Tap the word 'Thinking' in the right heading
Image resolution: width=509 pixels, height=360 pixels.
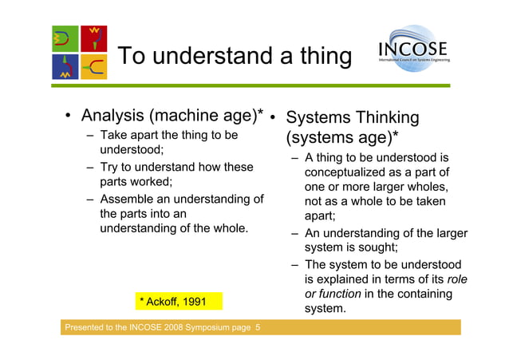(377, 118)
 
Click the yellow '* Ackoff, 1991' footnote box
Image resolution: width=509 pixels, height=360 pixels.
(173, 301)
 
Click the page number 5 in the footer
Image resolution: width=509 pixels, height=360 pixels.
(257, 328)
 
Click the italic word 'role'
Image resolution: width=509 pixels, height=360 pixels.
(458, 279)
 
